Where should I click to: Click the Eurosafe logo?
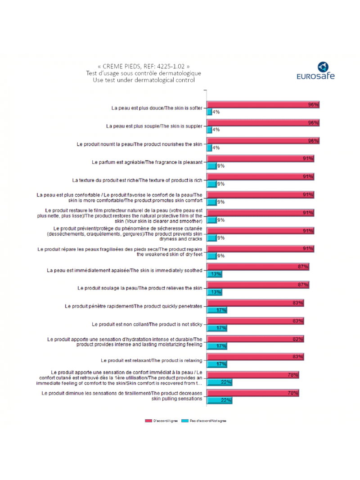click(x=315, y=71)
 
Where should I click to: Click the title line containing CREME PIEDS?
click(x=140, y=66)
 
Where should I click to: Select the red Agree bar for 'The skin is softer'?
click(x=263, y=104)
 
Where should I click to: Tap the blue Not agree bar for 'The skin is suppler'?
click(x=209, y=130)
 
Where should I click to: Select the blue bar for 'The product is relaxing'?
click(x=216, y=364)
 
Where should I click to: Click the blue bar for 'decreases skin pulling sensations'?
click(x=219, y=400)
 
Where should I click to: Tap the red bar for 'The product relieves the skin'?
click(x=257, y=285)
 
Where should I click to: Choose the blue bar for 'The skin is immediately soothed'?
click(x=214, y=274)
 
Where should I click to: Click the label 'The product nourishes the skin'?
click(x=140, y=144)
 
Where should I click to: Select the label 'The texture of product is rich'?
click(x=137, y=180)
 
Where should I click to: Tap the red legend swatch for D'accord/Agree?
click(x=148, y=421)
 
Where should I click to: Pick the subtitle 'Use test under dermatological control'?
click(x=140, y=80)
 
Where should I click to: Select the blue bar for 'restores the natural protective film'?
click(x=211, y=220)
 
